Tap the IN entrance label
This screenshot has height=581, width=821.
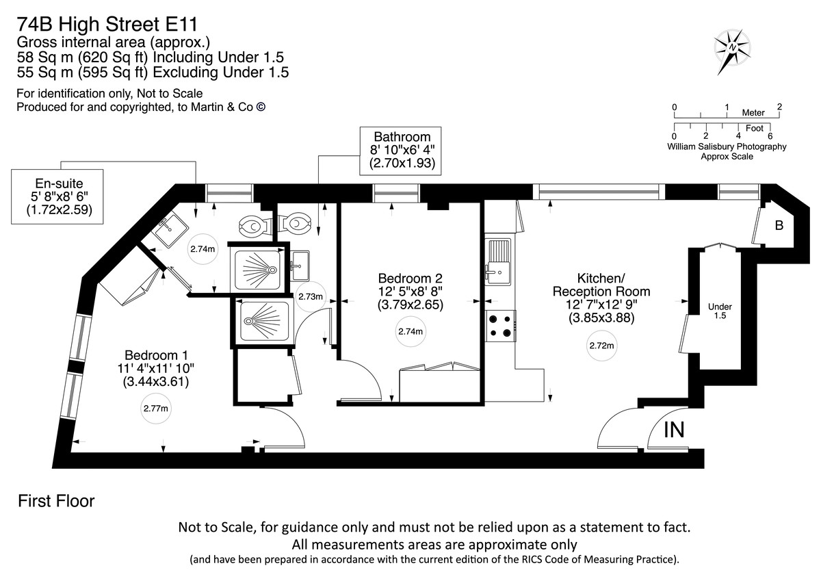[674, 430]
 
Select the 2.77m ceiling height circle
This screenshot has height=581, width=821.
[156, 409]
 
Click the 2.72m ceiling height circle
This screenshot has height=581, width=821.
[601, 346]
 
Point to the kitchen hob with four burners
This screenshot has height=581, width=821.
[501, 326]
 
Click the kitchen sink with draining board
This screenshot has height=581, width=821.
[498, 261]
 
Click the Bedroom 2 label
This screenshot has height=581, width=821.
[410, 278]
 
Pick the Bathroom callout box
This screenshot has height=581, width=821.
[400, 151]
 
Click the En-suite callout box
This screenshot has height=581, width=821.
[57, 196]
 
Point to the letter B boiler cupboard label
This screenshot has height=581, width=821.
[779, 225]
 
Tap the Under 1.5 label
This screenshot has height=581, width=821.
[720, 311]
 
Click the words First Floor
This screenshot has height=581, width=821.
[56, 501]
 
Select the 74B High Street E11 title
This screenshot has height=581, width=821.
[107, 25]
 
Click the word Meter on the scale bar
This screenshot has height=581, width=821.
[753, 112]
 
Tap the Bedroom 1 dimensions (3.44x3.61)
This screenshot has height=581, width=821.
[156, 382]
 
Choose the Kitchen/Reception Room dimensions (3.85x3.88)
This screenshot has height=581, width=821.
[601, 318]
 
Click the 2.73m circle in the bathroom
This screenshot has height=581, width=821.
[310, 296]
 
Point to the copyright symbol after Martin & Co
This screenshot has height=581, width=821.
[261, 107]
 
